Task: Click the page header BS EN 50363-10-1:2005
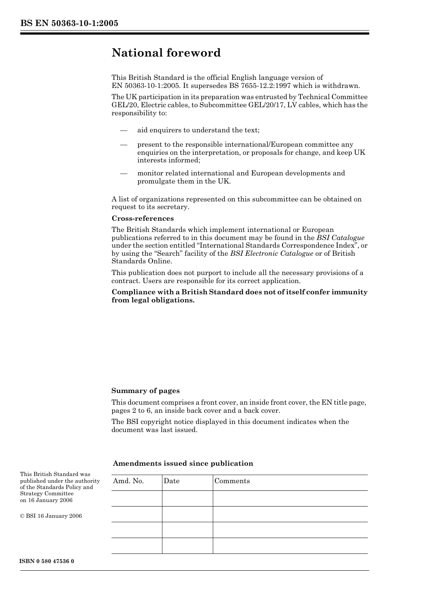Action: [69, 23]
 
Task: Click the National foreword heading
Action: [166, 53]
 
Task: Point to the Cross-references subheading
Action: [143, 218]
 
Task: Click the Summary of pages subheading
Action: [145, 391]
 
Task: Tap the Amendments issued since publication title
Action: [183, 463]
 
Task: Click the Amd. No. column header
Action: [128, 481]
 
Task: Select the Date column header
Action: [171, 481]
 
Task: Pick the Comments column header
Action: [232, 481]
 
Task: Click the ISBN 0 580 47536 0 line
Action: [47, 561]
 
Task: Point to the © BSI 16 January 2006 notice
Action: [51, 516]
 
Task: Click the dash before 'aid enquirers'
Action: [123, 131]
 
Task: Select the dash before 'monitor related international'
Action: [123, 174]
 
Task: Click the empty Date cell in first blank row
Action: [187, 498]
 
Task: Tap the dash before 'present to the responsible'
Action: [123, 145]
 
